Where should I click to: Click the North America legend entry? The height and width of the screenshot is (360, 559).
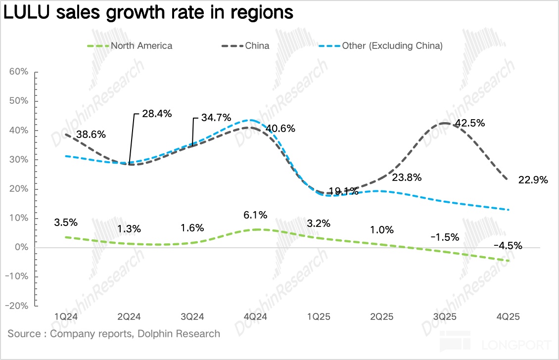coord(141,46)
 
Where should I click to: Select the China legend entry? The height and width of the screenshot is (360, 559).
coord(257,46)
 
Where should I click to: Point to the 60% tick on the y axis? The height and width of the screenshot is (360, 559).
coord(19,72)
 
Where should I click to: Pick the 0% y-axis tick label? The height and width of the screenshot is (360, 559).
coord(21,247)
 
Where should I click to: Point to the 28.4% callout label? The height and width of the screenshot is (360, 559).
coord(157,114)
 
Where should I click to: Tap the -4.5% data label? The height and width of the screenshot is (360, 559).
coord(508,246)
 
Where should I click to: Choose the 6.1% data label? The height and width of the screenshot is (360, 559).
coord(256,215)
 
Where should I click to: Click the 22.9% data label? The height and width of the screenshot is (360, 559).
coord(533,180)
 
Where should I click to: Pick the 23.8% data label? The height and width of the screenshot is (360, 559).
coord(406,178)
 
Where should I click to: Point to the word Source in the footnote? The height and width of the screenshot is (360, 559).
coord(24,333)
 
